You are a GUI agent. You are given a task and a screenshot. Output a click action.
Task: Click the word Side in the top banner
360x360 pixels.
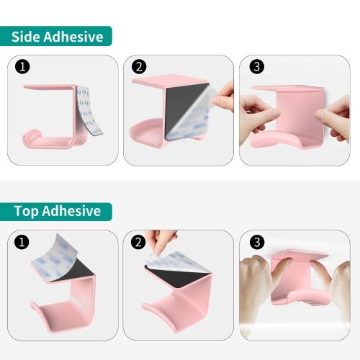(x=26, y=37)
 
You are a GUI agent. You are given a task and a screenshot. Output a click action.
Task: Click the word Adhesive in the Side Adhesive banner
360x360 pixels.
(x=73, y=37)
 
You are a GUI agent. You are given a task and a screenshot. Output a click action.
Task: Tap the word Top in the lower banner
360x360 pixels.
(x=27, y=212)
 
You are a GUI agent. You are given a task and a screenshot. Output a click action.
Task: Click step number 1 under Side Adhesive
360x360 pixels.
(x=22, y=66)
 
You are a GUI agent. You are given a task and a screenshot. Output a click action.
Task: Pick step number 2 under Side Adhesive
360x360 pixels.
(x=139, y=66)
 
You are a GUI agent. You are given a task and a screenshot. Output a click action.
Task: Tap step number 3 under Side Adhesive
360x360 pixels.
(x=257, y=66)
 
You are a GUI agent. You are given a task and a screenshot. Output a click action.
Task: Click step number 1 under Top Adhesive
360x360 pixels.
(x=22, y=242)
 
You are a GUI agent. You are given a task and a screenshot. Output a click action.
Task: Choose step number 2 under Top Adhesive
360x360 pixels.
(x=138, y=242)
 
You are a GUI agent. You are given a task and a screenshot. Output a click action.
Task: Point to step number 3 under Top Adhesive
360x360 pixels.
(x=257, y=242)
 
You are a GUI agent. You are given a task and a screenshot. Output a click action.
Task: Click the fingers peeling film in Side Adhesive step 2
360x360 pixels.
(x=224, y=96)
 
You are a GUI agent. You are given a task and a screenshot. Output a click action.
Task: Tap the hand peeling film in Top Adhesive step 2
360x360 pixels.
(x=161, y=240)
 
